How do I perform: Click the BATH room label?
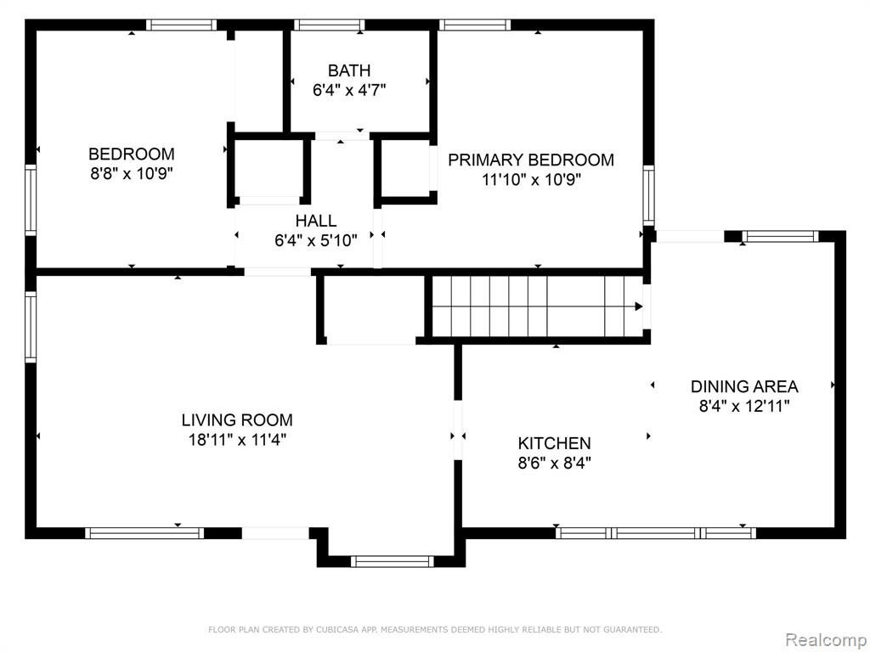click(x=349, y=71)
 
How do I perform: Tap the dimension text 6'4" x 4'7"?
click(x=349, y=90)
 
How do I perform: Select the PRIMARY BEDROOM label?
click(x=531, y=160)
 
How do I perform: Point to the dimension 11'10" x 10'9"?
click(x=531, y=180)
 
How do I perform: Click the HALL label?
click(x=316, y=221)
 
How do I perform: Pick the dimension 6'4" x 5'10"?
click(x=316, y=240)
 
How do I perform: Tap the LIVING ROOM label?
click(x=237, y=420)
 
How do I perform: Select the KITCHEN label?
click(x=554, y=443)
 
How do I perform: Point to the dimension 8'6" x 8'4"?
click(x=554, y=463)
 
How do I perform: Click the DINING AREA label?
click(x=744, y=386)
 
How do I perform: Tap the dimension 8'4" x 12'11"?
click(x=744, y=406)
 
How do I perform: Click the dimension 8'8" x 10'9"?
click(x=132, y=173)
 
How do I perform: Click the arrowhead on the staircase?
click(x=639, y=306)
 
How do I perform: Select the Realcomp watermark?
click(x=826, y=640)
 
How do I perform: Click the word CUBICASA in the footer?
click(x=334, y=630)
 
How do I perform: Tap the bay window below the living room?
click(x=393, y=561)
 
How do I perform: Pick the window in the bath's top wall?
click(x=329, y=25)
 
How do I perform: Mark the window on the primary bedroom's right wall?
click(x=648, y=195)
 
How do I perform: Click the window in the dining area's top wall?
click(x=780, y=236)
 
